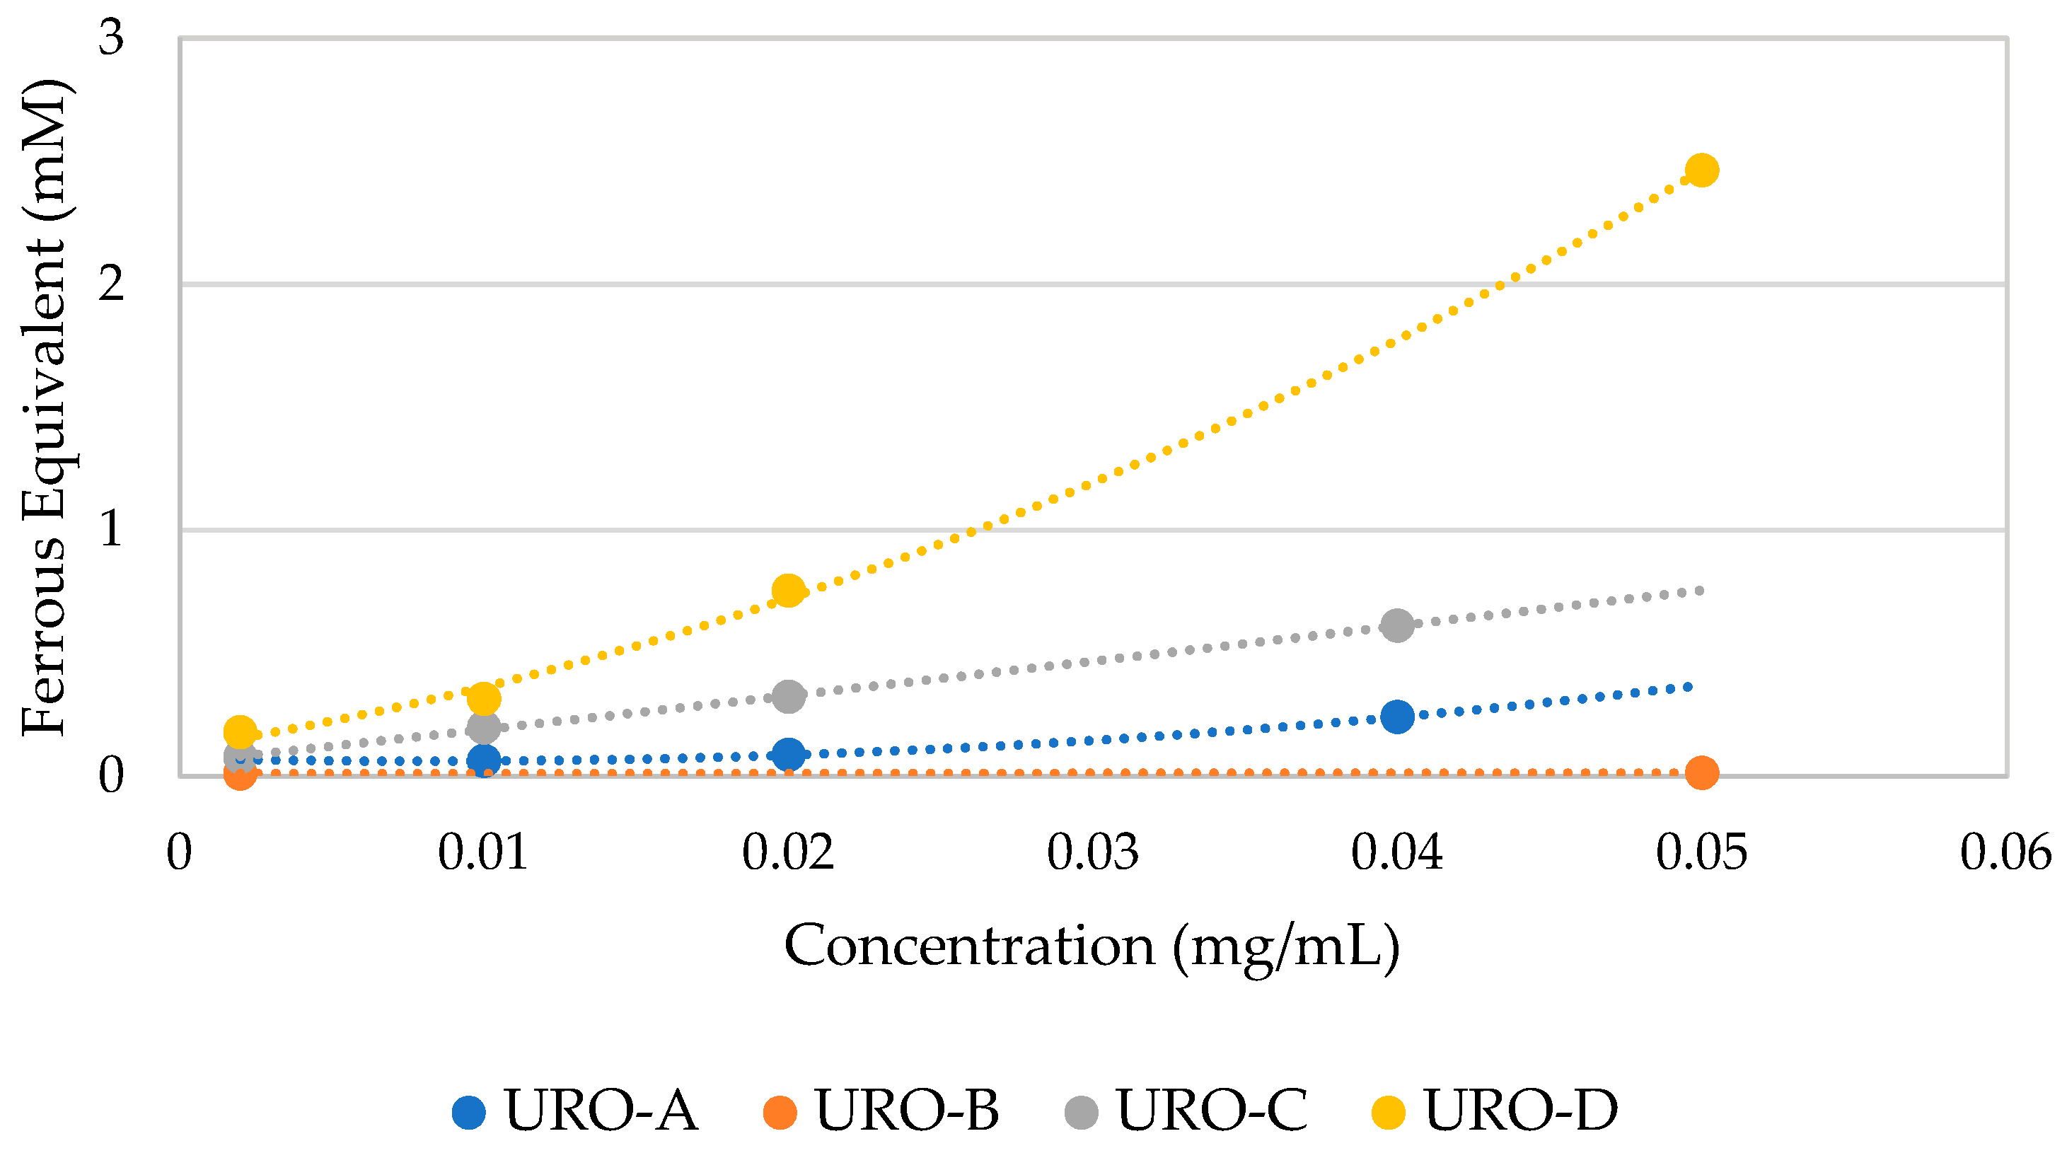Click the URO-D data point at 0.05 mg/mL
[x=1701, y=170]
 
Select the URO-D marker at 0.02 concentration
[x=788, y=591]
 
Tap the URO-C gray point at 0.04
[x=1397, y=625]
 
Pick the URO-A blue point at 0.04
[x=1397, y=716]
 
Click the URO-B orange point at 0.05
[x=1701, y=772]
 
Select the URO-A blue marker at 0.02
[x=788, y=754]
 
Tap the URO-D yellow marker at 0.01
[x=483, y=699]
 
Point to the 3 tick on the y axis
[x=112, y=37]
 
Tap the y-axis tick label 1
[x=112, y=530]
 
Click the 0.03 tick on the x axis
[x=1092, y=852]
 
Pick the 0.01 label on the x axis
[x=483, y=852]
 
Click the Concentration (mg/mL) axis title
[x=1092, y=946]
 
